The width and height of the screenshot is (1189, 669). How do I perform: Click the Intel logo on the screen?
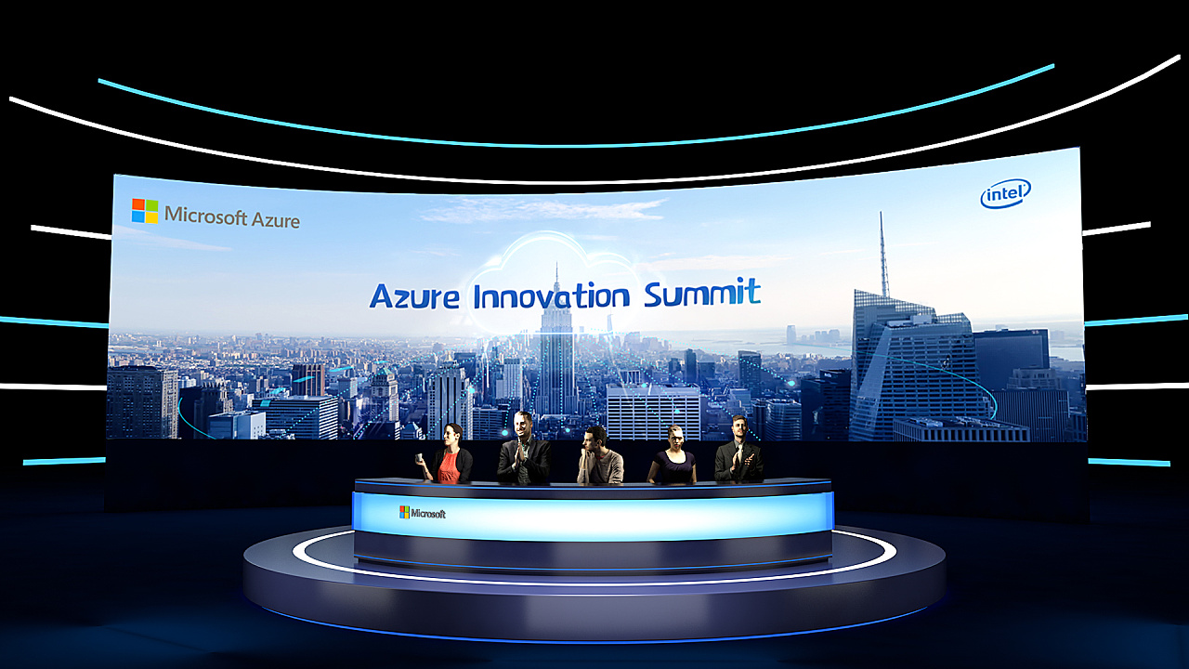pyautogui.click(x=1005, y=193)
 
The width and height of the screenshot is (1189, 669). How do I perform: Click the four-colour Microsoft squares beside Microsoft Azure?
pyautogui.click(x=145, y=211)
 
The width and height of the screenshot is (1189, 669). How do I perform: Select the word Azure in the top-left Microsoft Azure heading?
pyautogui.click(x=276, y=220)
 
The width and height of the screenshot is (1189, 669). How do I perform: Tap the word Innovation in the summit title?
pyautogui.click(x=552, y=296)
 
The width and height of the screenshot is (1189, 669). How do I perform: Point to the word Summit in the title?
pyautogui.click(x=702, y=293)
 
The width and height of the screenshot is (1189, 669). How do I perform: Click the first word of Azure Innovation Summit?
pyautogui.click(x=414, y=296)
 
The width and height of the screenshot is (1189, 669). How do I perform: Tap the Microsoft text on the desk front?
pyautogui.click(x=428, y=514)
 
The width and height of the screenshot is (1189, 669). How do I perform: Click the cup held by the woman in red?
pyautogui.click(x=419, y=458)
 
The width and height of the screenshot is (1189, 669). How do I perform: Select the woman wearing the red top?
pyautogui.click(x=449, y=454)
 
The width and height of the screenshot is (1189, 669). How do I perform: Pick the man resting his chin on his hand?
pyautogui.click(x=600, y=455)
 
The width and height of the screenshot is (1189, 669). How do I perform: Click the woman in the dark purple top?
pyautogui.click(x=673, y=454)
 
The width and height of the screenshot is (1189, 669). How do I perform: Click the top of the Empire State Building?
pyautogui.click(x=556, y=265)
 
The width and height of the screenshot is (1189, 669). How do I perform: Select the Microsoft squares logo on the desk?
pyautogui.click(x=404, y=512)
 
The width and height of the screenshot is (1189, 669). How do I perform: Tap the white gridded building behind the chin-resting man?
pyautogui.click(x=653, y=412)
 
